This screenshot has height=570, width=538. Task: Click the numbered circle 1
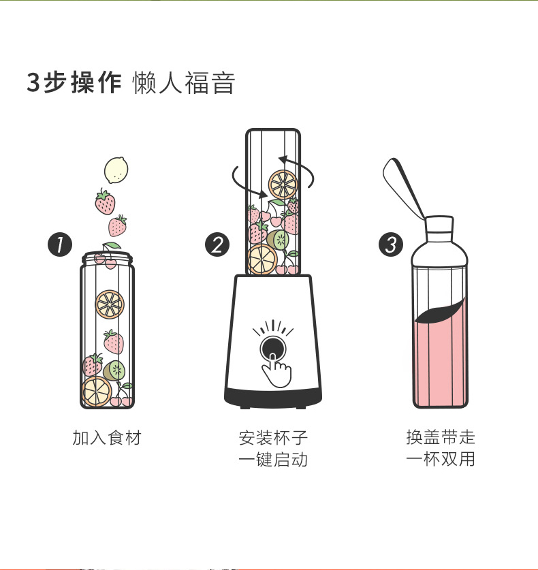pos(60,244)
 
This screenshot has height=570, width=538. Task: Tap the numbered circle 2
pos(217,244)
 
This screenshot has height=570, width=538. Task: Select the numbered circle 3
pos(391,244)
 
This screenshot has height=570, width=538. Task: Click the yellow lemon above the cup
pos(116,170)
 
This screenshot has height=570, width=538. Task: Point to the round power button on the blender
pos(272,348)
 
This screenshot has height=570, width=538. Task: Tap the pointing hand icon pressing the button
pos(277,370)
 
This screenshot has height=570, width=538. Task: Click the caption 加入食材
pos(106,437)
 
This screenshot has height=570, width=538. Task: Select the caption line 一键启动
pos(273,459)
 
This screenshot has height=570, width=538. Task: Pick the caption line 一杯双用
pos(441,459)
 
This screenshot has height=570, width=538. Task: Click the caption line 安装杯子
pos(273,438)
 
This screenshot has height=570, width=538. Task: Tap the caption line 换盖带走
pos(441,437)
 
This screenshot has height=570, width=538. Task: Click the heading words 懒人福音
pos(184,83)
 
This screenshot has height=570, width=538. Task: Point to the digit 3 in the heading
pos(33,83)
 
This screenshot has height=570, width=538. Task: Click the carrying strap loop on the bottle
pos(402,189)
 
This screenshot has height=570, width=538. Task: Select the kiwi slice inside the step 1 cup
pos(114,370)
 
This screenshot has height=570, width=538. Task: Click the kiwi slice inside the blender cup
pos(278,240)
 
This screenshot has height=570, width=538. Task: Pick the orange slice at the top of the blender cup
pos(283,185)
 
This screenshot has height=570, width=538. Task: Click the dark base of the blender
pos(272,398)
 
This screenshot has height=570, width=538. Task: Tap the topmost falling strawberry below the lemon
pos(106,202)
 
